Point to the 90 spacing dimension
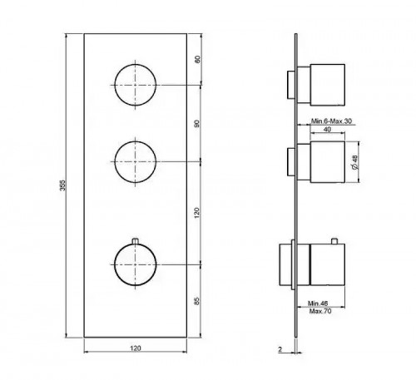point(197,122)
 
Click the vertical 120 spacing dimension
point(197,212)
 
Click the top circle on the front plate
point(133,84)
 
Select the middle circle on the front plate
point(133,160)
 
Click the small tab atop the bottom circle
point(133,241)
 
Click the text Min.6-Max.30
point(330,121)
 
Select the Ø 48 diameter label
point(355,162)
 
